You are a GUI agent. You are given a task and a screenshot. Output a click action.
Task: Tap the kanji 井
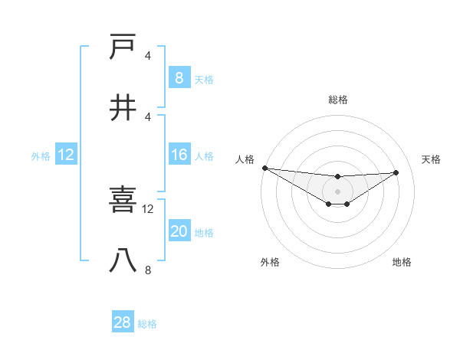click(x=123, y=107)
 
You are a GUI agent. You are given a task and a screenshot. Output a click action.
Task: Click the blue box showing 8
click(x=179, y=77)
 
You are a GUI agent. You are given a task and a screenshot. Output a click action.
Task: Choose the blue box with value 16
click(x=179, y=155)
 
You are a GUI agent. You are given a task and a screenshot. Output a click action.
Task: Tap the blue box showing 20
click(x=179, y=231)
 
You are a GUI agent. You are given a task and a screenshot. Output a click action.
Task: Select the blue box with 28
click(x=122, y=322)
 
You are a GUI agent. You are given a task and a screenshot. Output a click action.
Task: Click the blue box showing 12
click(x=65, y=155)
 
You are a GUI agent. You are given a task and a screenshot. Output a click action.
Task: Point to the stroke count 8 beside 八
click(x=148, y=270)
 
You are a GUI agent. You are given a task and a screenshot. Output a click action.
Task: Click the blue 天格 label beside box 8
click(x=204, y=79)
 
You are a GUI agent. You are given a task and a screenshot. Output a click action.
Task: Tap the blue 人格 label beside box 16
click(x=204, y=156)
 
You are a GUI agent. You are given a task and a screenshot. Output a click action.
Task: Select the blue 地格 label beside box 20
click(x=204, y=233)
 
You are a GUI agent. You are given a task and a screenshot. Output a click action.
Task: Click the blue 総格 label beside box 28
click(x=147, y=324)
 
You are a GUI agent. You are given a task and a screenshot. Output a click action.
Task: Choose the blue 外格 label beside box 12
click(x=41, y=156)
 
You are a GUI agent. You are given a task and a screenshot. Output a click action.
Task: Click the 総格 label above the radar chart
click(x=337, y=100)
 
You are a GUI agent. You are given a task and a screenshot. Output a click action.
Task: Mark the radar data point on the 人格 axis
click(x=264, y=168)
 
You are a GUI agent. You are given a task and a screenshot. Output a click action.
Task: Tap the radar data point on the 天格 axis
click(x=396, y=172)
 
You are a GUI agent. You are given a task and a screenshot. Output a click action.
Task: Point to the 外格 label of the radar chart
click(x=270, y=262)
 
